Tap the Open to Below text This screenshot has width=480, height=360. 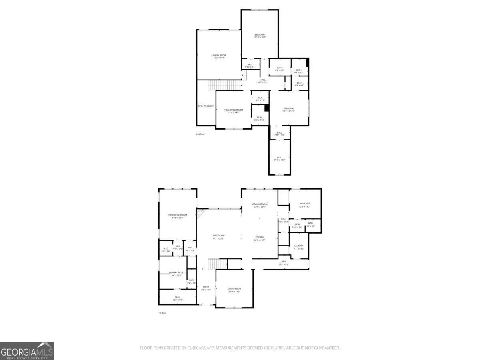pyautogui.click(x=206, y=106)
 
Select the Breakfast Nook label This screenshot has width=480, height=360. pyautogui.click(x=260, y=204)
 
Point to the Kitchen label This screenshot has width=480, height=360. pyautogui.click(x=260, y=237)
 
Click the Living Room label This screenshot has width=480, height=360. pyautogui.click(x=218, y=236)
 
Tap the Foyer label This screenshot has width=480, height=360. pyautogui.click(x=206, y=287)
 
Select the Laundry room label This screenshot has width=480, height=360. pyautogui.click(x=299, y=246)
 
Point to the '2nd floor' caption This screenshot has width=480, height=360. pyautogui.click(x=200, y=134)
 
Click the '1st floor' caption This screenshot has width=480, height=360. pyautogui.click(x=162, y=313)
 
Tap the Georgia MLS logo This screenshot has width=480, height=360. pyautogui.click(x=27, y=351)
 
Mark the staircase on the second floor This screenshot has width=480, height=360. pyautogui.click(x=224, y=85)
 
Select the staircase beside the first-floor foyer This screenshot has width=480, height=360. pyautogui.click(x=218, y=264)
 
